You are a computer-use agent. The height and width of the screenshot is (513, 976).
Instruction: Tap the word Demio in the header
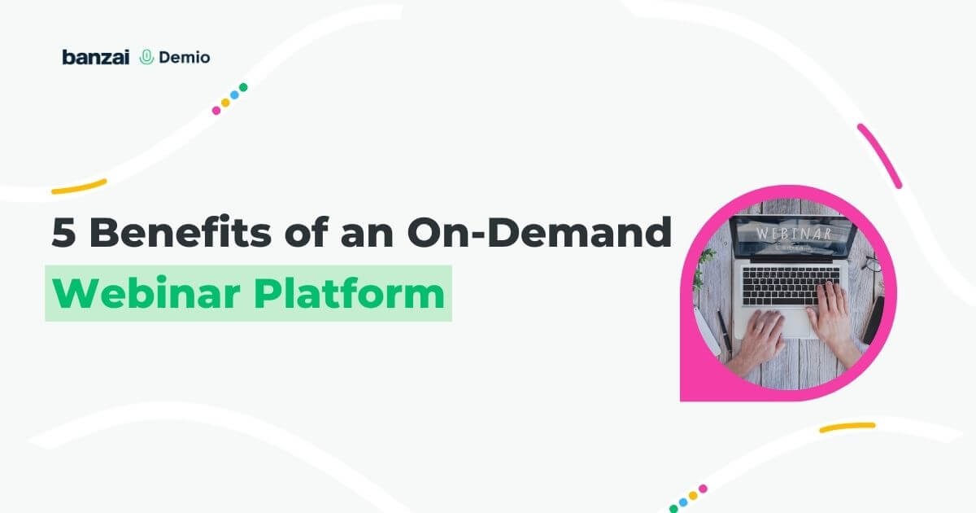184,57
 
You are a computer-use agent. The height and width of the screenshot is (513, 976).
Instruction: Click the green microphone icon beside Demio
147,57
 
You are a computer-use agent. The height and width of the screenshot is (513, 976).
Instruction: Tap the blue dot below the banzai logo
234,94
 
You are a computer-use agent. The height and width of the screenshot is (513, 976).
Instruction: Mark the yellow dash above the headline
79,186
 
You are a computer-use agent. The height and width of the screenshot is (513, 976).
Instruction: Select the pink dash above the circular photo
879,155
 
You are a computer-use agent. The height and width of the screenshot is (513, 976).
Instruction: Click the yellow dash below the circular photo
847,427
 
